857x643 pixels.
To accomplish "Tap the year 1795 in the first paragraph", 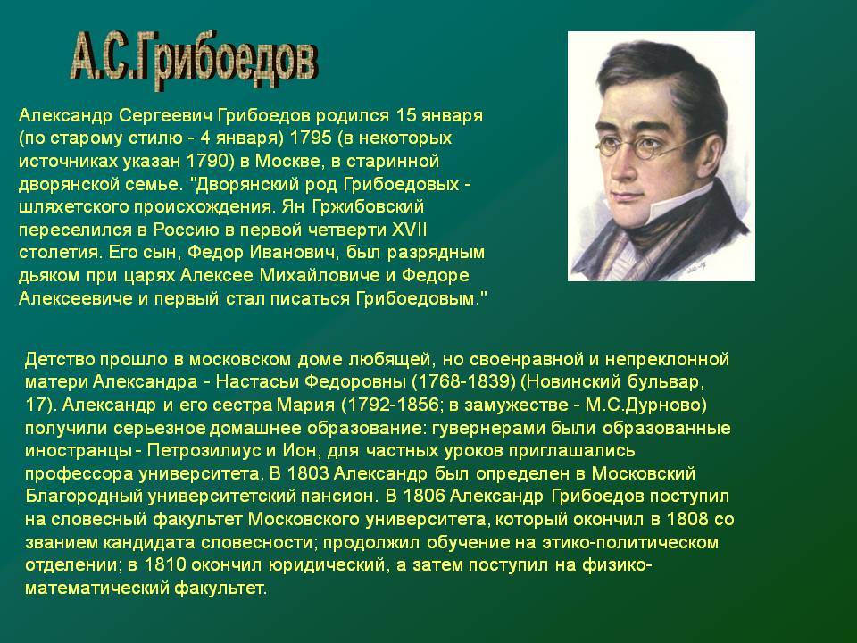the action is click(310, 138).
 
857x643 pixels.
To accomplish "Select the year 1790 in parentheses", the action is click(207, 161).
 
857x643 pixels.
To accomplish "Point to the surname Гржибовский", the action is click(369, 206).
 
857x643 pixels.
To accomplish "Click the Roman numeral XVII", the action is click(410, 230).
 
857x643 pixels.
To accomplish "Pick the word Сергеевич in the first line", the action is click(166, 116).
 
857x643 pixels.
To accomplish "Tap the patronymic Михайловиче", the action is click(320, 275).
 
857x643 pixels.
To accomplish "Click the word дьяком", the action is click(48, 276).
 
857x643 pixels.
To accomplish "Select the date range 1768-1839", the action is click(463, 381).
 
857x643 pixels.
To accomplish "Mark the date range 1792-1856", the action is click(390, 405).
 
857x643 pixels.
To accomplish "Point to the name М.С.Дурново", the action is click(644, 405).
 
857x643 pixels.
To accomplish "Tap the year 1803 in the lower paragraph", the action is click(307, 473).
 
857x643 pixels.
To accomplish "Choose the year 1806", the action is click(423, 496).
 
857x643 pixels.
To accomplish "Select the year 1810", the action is click(165, 564).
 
